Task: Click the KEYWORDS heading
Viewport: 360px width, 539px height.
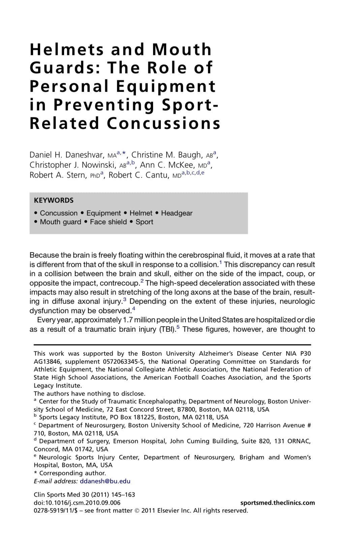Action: pos(54,200)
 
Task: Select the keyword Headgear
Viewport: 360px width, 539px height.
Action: pos(177,213)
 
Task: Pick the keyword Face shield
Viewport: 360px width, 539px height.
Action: pos(108,222)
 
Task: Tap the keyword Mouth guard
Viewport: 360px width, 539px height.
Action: pos(60,222)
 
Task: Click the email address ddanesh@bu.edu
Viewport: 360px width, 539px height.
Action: pos(105,481)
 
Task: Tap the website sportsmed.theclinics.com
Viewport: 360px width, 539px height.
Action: pos(278,503)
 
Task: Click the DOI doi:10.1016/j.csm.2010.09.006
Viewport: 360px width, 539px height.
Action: pos(77,503)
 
